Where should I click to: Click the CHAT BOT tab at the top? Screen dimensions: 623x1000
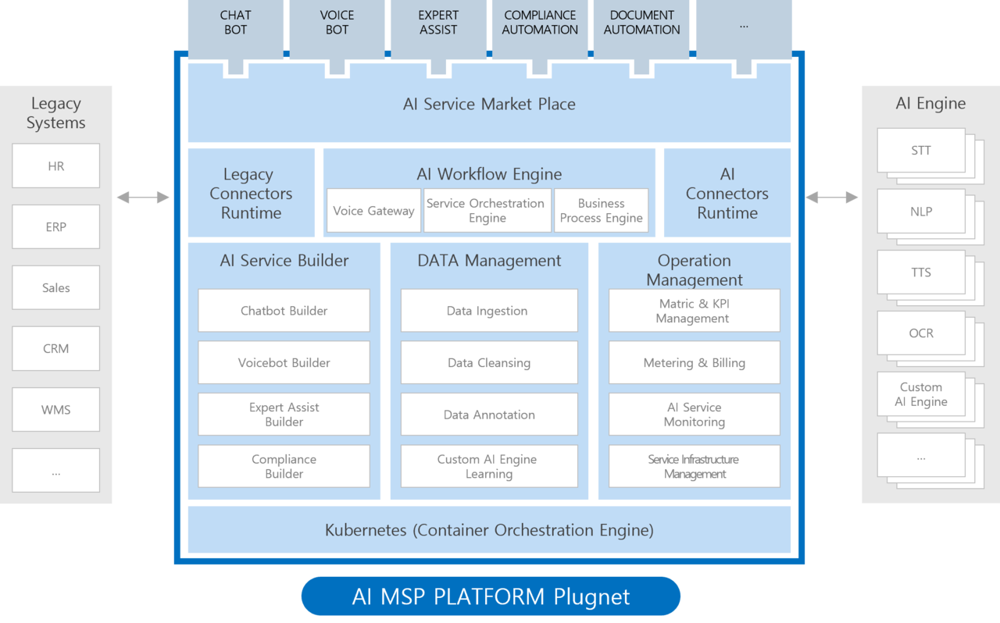point(235,23)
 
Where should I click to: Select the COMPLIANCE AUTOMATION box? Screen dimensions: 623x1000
point(540,23)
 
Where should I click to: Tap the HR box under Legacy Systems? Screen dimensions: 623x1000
point(56,166)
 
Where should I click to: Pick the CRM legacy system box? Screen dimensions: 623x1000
point(56,348)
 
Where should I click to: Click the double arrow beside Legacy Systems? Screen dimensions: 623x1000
point(143,198)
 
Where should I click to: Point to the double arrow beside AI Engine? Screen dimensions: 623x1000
point(832,198)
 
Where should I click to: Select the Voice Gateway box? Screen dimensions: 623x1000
point(373,211)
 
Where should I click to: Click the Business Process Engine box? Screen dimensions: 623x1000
point(601,211)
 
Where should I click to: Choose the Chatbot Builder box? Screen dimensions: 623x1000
point(284,311)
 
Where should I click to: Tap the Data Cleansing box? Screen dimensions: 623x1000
point(489,363)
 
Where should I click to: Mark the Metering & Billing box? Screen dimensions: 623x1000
point(694,363)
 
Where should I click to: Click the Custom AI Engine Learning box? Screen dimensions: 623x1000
point(489,467)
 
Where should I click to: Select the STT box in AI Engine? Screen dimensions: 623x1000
point(921,151)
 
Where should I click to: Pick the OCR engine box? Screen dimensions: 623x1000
point(921,333)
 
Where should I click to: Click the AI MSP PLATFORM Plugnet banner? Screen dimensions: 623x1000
point(491,597)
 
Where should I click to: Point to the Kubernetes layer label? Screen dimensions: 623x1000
point(489,531)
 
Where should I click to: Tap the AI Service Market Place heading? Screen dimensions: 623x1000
point(489,104)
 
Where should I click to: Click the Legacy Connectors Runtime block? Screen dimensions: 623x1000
point(251,194)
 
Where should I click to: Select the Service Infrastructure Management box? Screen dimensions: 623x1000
point(694,467)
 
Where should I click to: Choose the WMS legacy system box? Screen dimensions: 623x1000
point(56,409)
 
